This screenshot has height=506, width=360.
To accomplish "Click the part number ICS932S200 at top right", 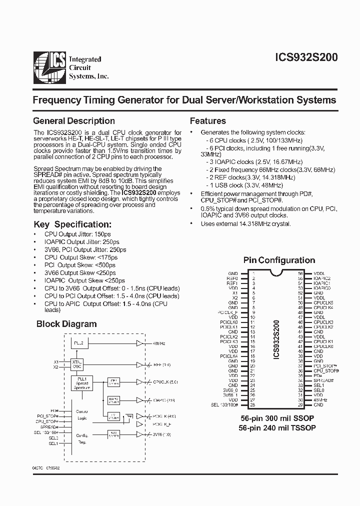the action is [x=306, y=58].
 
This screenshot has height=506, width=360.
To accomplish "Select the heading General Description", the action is [x=73, y=121].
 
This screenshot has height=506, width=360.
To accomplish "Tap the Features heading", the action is [x=207, y=121].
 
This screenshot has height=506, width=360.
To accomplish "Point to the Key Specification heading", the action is [x=72, y=224].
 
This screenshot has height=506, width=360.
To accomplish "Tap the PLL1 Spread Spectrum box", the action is [x=81, y=384].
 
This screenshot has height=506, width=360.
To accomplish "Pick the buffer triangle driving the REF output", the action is [x=139, y=364].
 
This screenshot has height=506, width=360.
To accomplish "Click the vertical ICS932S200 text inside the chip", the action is [x=276, y=339].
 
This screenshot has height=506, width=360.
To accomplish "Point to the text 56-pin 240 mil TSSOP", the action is [x=278, y=428].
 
